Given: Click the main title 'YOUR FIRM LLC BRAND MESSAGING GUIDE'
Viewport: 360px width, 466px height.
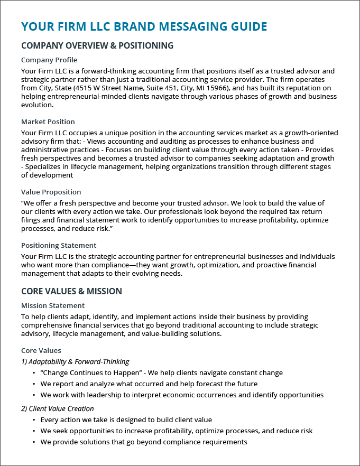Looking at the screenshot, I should click(144, 26).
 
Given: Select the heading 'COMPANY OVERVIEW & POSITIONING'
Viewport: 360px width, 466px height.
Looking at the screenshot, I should click(97, 45).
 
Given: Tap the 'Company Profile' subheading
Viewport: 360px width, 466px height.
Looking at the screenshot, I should click(49, 60).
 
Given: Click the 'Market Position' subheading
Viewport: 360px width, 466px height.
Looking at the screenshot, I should click(48, 122).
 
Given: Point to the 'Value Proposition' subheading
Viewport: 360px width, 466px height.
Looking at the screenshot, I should click(51, 192).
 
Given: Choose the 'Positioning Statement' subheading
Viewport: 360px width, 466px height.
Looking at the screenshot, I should click(59, 245).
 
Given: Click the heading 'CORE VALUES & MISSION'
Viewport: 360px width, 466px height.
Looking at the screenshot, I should click(71, 291).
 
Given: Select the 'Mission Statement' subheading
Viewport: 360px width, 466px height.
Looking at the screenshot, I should click(53, 305).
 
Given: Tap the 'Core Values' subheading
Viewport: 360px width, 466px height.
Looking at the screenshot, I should click(41, 350).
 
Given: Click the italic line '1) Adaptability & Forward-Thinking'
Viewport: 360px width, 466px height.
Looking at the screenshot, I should click(75, 361).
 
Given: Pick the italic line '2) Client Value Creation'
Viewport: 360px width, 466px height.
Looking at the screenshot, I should click(58, 408).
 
